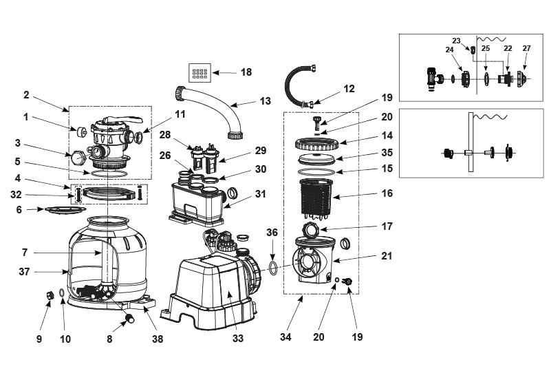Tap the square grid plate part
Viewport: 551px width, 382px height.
click(x=199, y=72)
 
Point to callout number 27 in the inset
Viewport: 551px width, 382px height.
click(x=527, y=49)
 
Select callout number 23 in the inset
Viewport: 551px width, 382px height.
click(x=456, y=41)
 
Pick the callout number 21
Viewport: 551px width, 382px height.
click(x=387, y=256)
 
